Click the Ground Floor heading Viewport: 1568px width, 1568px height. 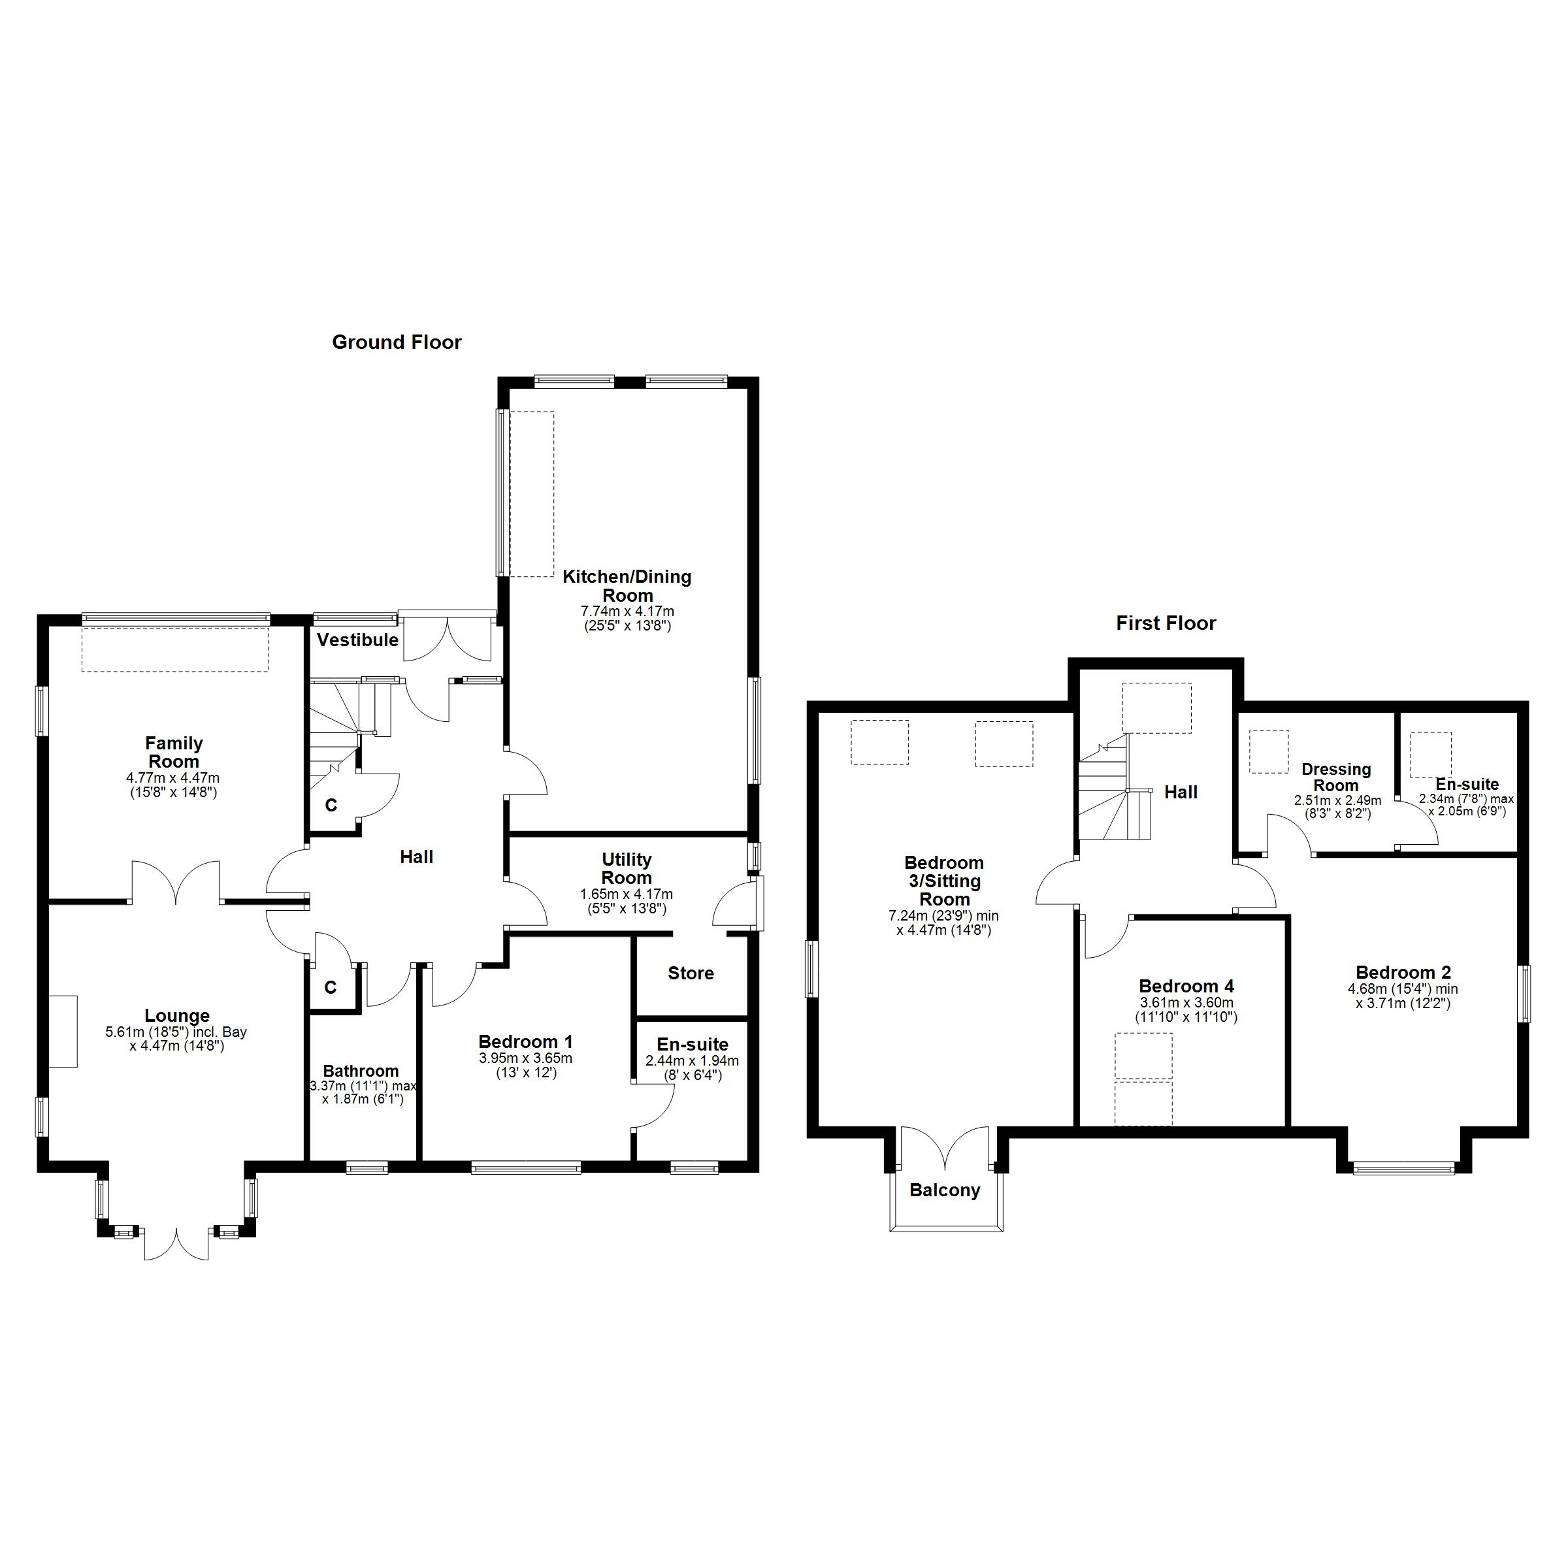point(396,342)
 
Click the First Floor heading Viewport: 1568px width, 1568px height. point(1166,623)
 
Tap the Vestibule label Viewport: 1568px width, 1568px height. point(357,640)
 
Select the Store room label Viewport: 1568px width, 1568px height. point(691,973)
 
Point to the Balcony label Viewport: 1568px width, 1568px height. point(945,1190)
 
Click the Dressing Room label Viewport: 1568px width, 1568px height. point(1336,777)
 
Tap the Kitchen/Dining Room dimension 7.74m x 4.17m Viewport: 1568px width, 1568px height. point(627,611)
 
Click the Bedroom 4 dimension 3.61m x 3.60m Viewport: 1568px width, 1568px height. point(1186,1003)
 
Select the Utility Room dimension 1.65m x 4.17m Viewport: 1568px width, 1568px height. point(626,894)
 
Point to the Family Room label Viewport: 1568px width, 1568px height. point(174,753)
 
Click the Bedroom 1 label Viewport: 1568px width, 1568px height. point(525,1042)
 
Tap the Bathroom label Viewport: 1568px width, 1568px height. point(361,1071)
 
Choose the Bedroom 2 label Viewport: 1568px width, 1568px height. point(1403,972)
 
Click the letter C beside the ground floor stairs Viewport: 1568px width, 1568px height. point(331,805)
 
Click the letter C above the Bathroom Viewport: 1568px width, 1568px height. point(331,987)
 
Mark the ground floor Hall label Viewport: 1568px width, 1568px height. point(416,857)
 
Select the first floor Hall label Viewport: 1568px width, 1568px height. point(1181,792)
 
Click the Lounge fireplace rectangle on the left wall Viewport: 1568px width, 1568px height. point(63,1032)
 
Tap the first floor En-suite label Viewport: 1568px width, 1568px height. point(1467,785)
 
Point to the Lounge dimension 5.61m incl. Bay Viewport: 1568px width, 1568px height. point(176,1032)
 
